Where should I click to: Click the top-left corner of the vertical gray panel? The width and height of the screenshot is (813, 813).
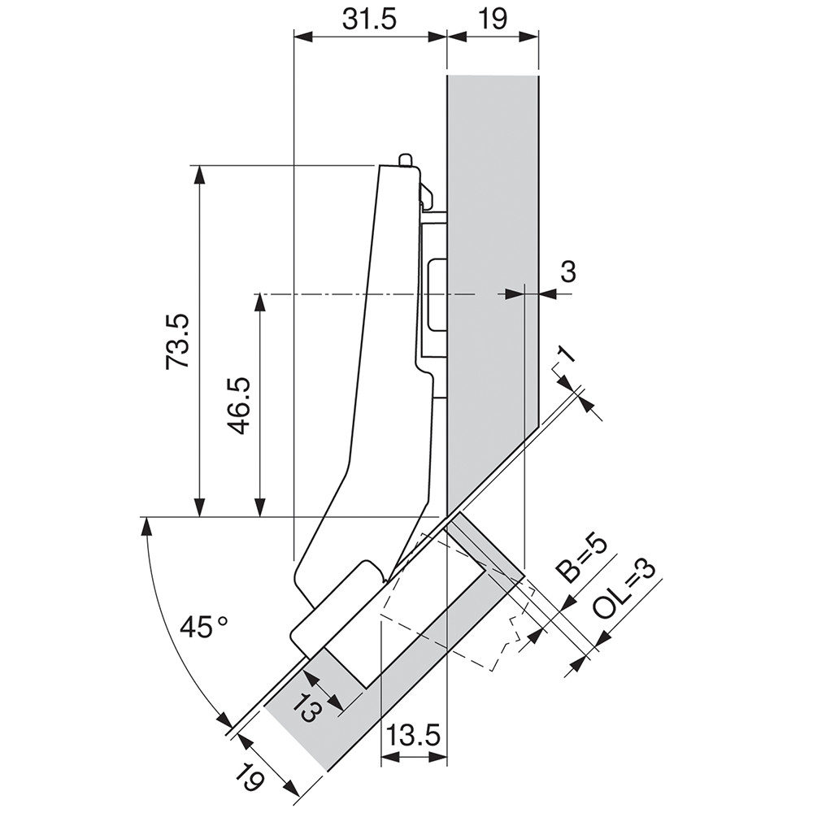point(447,76)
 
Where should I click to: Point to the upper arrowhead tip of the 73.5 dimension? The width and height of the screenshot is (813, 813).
point(199,166)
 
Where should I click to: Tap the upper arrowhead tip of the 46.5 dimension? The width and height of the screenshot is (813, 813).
point(260,294)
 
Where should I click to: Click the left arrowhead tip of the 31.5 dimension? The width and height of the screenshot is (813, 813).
point(294,37)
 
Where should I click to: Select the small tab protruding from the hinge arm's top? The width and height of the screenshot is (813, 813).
point(406,159)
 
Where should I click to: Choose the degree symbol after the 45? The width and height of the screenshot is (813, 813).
point(222,620)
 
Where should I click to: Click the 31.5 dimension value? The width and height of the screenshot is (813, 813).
point(369,20)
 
